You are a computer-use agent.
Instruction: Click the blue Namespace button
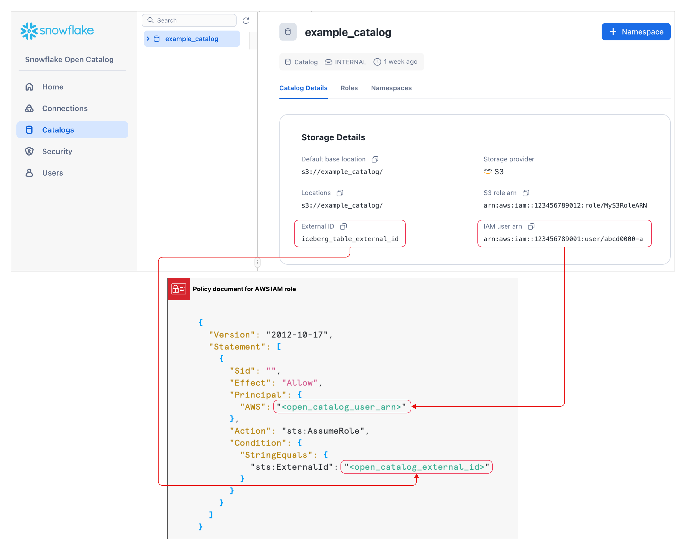pos(636,32)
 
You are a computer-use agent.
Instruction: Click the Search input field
pos(189,20)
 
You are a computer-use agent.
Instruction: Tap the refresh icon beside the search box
pos(246,21)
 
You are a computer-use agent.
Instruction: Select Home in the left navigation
pos(52,87)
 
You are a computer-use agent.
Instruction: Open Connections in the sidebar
pos(65,109)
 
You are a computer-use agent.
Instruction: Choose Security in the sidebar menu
pos(57,151)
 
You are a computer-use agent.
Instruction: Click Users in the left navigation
pos(52,173)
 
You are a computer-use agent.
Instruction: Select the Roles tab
pos(349,88)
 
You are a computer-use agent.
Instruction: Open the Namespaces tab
pos(391,88)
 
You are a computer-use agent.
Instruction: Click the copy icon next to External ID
pos(343,226)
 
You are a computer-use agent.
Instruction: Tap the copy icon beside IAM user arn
pos(531,226)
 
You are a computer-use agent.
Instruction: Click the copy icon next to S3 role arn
pos(526,193)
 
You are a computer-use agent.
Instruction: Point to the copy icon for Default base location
pos(375,159)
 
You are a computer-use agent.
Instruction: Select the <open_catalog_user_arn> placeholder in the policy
pos(342,407)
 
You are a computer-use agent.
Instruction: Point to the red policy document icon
pos(179,289)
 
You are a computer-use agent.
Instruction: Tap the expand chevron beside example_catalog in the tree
pos(148,39)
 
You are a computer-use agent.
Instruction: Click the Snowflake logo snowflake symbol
pos(29,31)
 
